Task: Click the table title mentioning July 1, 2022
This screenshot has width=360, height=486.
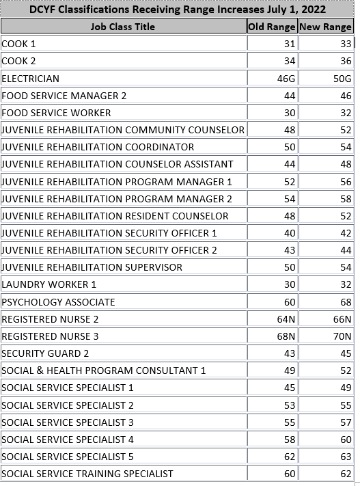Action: click(177, 10)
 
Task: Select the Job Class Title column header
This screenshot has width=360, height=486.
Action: click(123, 27)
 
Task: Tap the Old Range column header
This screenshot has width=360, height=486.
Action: click(272, 27)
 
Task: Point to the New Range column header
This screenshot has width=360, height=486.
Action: click(325, 27)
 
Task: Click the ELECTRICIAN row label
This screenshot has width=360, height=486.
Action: click(31, 79)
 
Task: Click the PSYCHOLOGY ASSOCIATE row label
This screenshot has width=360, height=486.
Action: click(58, 302)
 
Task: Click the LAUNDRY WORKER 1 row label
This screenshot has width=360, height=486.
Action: click(49, 284)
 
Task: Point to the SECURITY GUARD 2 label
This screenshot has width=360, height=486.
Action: click(46, 353)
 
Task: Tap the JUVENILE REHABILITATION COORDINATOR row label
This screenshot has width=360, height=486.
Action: click(98, 147)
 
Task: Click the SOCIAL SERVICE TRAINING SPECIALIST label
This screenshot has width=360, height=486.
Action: click(87, 474)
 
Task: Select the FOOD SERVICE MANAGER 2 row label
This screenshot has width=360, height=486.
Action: click(64, 96)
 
